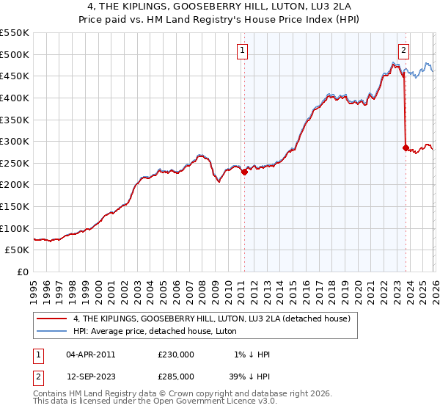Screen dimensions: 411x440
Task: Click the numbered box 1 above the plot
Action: [243, 50]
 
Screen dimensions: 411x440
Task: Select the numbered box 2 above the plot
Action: [403, 50]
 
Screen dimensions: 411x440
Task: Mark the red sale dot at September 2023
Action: [405, 148]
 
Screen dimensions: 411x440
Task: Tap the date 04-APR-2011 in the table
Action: [91, 354]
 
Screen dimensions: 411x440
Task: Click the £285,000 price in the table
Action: [176, 377]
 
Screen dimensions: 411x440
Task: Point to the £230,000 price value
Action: [176, 354]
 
